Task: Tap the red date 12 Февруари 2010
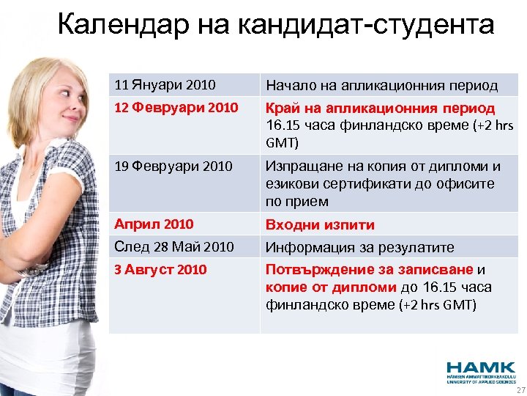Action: pos(176,108)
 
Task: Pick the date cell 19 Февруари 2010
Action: pos(176,166)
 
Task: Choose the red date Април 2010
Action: pos(154,224)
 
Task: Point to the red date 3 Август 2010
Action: pos(161,269)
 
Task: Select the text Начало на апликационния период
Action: pos(381,85)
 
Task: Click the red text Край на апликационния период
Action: pos(380,108)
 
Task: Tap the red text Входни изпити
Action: pos(320,224)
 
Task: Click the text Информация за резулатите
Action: pos(359,246)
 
